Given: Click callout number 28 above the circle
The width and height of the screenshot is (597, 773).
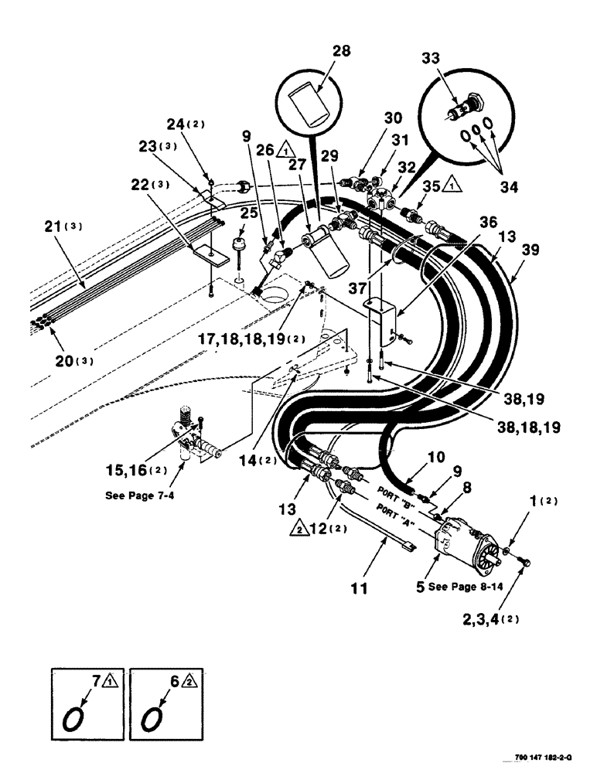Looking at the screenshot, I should point(341,52).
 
